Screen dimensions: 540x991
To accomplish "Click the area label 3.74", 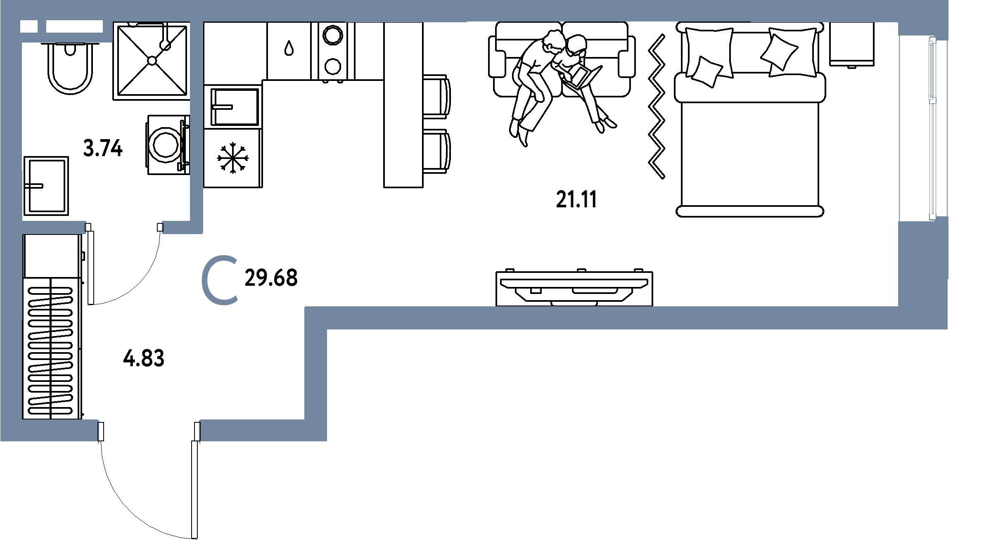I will (x=103, y=149).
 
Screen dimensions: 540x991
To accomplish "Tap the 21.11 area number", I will (x=576, y=200).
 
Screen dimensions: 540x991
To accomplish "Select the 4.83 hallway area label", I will (x=143, y=358).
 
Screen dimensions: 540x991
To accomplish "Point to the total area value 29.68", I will (x=271, y=278).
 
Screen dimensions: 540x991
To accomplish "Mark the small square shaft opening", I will (x=28, y=27).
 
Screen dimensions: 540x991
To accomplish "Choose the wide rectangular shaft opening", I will (x=74, y=27).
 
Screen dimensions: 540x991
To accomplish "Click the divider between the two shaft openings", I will (x=42, y=27).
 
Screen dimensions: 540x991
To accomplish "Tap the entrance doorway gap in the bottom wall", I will (x=149, y=431).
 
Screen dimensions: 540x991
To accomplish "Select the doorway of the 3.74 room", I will (x=124, y=227).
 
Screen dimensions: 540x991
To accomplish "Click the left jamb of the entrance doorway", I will (x=98, y=432).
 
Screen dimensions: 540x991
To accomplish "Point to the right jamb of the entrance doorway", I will (x=200, y=432).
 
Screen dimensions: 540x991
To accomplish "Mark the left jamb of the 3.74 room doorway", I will (x=85, y=227).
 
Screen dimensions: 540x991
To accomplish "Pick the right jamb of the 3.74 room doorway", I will (x=163, y=227).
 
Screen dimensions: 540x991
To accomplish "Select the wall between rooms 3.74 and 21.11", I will (x=197, y=124).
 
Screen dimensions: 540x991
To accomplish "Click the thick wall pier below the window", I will (x=922, y=264).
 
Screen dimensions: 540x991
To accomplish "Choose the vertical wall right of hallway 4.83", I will (x=316, y=372).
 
